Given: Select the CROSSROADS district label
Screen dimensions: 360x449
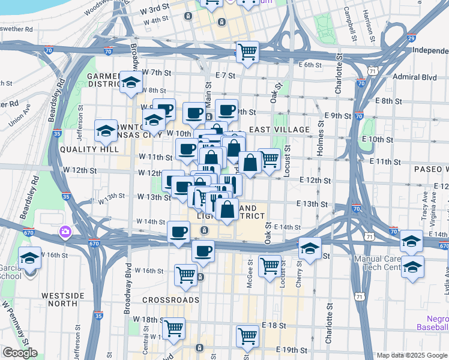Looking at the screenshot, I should pos(170,299).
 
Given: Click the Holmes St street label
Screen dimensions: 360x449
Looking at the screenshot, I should pos(320,142).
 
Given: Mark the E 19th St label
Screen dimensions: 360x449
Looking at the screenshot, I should pos(291,350).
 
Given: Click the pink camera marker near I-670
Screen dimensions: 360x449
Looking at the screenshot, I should pos(65,231).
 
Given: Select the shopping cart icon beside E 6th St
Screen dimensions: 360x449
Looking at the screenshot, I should pos(247,52).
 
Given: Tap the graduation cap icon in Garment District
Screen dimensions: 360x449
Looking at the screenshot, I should pos(130,83).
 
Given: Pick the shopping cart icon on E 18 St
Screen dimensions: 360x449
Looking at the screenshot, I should pos(247,337).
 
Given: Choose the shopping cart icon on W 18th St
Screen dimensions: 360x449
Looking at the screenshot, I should pos(173,329).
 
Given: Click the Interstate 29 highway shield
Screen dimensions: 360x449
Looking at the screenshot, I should pos(411,39).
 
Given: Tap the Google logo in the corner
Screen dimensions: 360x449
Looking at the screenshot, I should pos(21,353).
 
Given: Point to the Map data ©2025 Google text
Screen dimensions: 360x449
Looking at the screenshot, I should pos(411,355).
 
